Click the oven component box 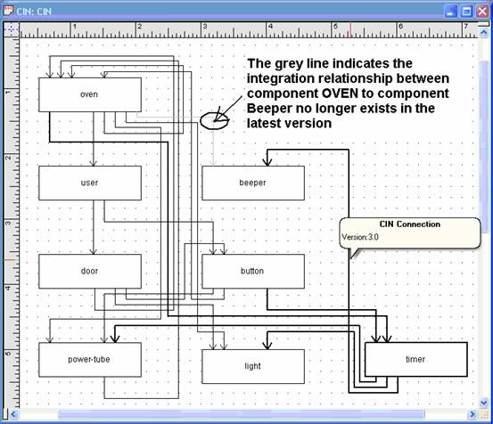[90, 94]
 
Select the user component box [90, 183]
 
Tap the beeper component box [253, 183]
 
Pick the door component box [90, 272]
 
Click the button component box [253, 272]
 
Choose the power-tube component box [90, 360]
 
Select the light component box [253, 366]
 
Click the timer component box [416, 360]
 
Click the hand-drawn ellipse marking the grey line [201, 122]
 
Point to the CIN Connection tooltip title [410, 224]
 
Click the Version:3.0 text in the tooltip [360, 237]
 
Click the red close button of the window [482, 12]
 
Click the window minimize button [451, 12]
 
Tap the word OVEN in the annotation [340, 94]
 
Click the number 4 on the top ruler [270, 27]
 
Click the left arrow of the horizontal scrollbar [12, 414]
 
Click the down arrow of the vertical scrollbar [483, 403]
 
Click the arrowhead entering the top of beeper [267, 162]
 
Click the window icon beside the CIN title [9, 11]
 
